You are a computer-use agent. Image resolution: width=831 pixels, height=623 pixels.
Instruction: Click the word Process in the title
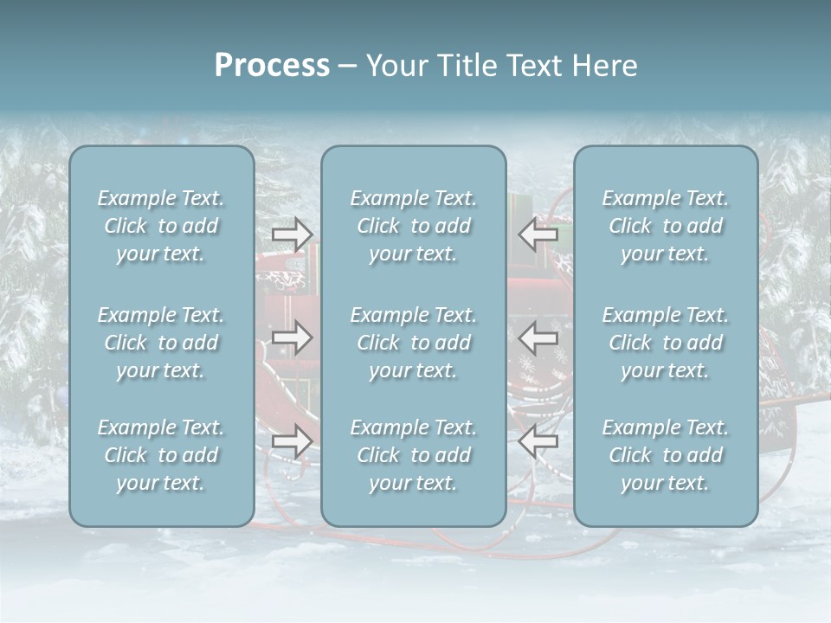[272, 66]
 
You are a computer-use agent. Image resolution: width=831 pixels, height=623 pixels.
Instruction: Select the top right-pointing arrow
[292, 234]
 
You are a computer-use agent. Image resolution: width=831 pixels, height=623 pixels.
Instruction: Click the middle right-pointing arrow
[292, 337]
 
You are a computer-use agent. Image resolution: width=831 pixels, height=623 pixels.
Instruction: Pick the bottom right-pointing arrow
[292, 441]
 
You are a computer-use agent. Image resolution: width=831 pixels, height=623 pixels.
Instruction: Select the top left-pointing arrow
[538, 234]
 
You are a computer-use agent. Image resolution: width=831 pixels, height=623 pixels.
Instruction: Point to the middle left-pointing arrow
[538, 337]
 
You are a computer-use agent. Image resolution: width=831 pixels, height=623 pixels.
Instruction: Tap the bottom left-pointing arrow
[538, 441]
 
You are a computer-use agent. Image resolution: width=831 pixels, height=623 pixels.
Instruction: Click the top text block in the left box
[161, 226]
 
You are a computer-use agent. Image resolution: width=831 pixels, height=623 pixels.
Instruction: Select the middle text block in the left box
[161, 343]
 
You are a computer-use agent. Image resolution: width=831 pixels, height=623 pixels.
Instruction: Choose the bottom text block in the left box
[161, 455]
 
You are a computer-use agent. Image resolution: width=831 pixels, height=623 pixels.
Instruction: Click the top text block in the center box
[414, 226]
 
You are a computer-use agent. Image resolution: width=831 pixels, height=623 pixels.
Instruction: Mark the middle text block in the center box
[414, 343]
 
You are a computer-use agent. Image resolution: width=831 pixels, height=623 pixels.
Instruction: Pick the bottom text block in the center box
[414, 455]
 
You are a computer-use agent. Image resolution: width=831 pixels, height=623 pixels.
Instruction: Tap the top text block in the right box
[666, 226]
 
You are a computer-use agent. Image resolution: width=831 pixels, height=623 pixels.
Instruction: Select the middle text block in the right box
[666, 343]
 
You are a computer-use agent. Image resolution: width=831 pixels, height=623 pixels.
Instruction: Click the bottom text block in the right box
[666, 455]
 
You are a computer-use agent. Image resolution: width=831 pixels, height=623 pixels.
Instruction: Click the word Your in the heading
[395, 66]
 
